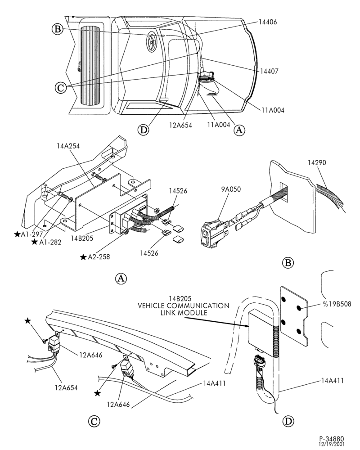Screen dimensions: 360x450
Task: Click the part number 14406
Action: click(268, 22)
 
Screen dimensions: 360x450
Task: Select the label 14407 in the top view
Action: click(269, 71)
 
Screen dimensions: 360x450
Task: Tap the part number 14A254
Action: click(68, 146)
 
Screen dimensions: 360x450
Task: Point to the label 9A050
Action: click(231, 189)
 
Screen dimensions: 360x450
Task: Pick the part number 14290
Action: click(317, 163)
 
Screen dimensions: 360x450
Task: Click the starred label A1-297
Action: click(29, 234)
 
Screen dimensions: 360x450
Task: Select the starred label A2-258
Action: click(95, 257)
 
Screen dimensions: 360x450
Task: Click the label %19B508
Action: click(337, 304)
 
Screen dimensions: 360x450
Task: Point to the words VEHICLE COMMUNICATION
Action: click(184, 306)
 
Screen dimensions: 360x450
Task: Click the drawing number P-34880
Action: click(331, 439)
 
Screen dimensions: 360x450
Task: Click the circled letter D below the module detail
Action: click(288, 421)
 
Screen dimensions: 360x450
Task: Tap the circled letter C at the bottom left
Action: click(94, 422)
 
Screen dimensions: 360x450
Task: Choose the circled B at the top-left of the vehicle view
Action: click(58, 29)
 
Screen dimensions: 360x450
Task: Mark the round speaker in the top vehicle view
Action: click(152, 41)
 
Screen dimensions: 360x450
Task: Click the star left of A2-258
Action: click(83, 257)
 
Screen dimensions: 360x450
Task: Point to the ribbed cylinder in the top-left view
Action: click(90, 65)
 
